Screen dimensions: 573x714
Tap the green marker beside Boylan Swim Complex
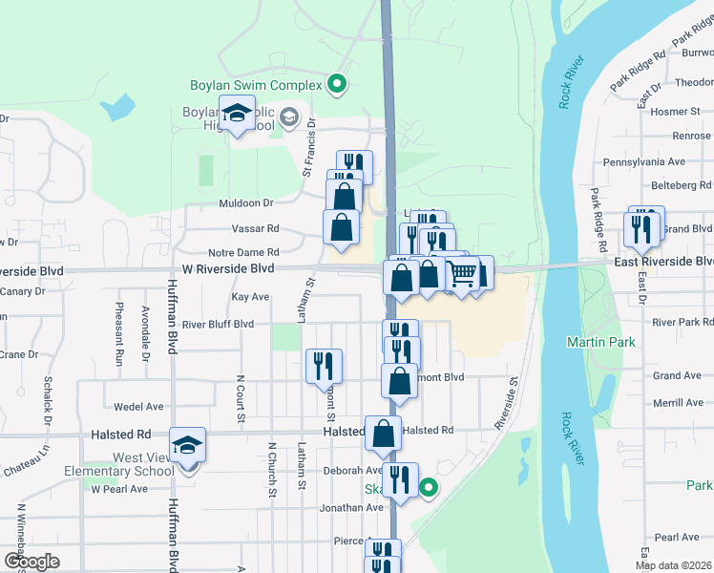point(336,86)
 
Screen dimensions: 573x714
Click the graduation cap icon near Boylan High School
point(235,115)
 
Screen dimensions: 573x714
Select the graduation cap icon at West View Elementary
point(188,445)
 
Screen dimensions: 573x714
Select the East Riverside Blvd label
point(662,261)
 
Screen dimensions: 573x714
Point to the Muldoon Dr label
point(246,202)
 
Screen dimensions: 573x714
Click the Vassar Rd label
point(255,228)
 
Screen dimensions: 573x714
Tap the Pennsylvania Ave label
point(650,162)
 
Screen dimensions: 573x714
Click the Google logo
point(31,562)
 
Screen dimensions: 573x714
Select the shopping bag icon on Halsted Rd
point(383,435)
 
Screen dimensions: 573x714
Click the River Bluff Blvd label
point(218,324)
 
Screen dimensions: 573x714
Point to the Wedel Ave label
point(134,406)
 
